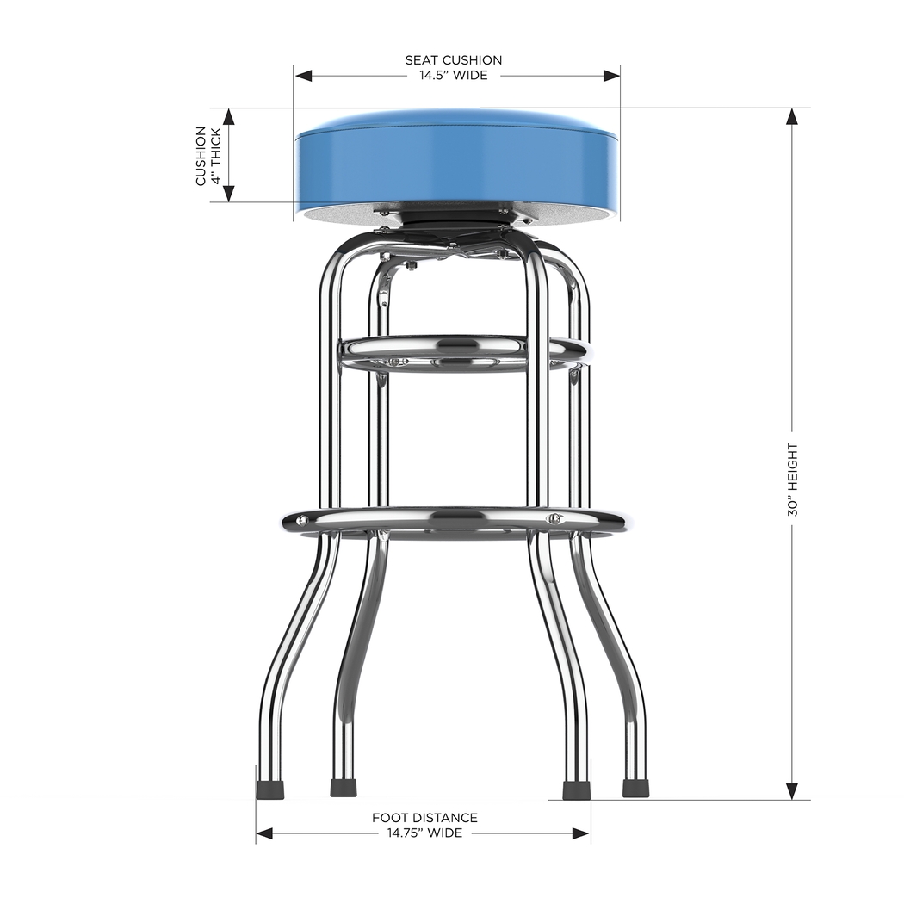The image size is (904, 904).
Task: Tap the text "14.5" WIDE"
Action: point(453,76)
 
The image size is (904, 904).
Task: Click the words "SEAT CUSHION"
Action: point(454,60)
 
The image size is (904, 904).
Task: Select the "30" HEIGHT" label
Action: point(793,480)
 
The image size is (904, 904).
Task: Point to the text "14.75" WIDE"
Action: point(424,833)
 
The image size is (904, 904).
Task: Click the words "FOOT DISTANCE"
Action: point(424,818)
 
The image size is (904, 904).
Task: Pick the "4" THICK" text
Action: point(216,156)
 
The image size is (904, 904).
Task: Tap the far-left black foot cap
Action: point(269,788)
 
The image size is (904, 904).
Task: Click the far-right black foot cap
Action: point(635,788)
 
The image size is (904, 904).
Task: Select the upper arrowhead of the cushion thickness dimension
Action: point(229,117)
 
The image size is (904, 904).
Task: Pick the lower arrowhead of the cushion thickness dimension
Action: point(229,193)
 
